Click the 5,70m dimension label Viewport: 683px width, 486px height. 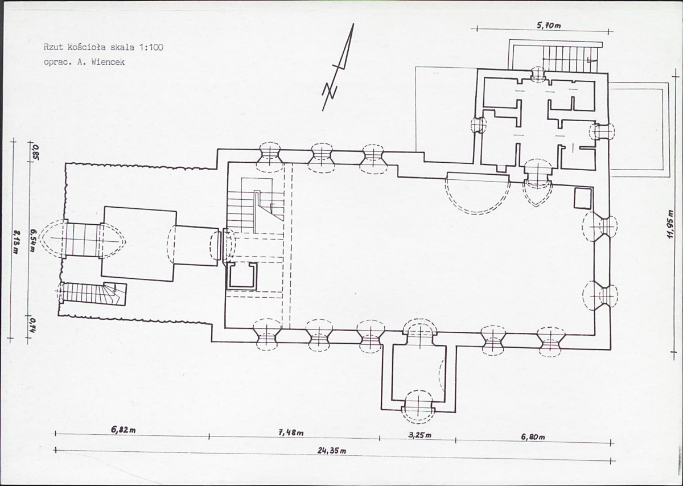point(549,26)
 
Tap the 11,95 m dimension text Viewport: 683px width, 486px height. point(670,224)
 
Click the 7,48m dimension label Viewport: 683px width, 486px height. point(291,433)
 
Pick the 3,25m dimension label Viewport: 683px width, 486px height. point(420,435)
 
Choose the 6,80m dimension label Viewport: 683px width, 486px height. point(533,437)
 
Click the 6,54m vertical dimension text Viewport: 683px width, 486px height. point(33,240)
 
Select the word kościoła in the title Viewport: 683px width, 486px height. point(88,47)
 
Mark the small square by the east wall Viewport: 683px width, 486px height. point(583,198)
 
